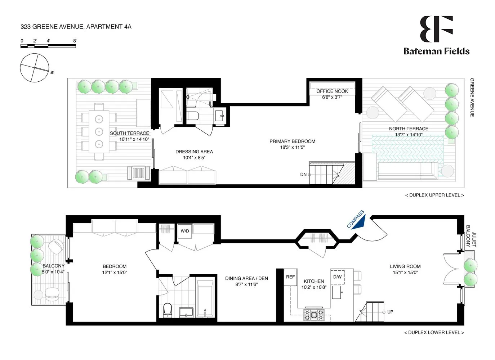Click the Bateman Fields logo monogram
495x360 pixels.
pyautogui.click(x=436, y=29)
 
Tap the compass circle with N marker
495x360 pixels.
pyautogui.click(x=35, y=68)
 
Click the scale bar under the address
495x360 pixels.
pyautogui.click(x=48, y=46)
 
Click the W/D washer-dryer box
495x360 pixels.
pyautogui.click(x=185, y=231)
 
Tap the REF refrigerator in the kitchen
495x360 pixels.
pyautogui.click(x=290, y=277)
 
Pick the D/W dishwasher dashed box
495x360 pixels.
pyautogui.click(x=338, y=277)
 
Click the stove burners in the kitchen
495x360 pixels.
pyautogui.click(x=314, y=314)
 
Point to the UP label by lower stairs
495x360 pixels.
pyautogui.click(x=390, y=312)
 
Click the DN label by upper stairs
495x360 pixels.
pyautogui.click(x=303, y=175)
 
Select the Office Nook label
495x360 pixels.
pyautogui.click(x=332, y=91)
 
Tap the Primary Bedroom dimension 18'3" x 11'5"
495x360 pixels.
pyautogui.click(x=293, y=147)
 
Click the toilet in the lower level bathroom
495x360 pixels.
pyautogui.click(x=168, y=310)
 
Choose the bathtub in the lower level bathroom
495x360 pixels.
pyautogui.click(x=205, y=299)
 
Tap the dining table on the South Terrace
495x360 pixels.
pyautogui.click(x=99, y=132)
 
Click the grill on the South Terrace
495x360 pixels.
pyautogui.click(x=138, y=173)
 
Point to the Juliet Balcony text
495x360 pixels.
pyautogui.click(x=471, y=236)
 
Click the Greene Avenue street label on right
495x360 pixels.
pyautogui.click(x=472, y=97)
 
